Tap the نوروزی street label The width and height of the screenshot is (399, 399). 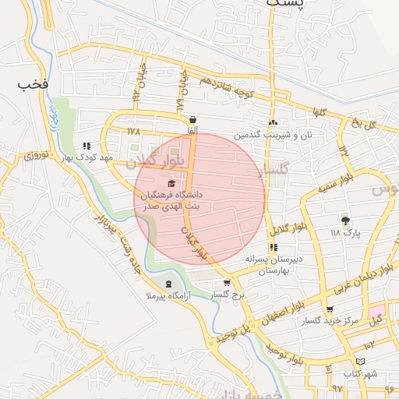coord(37,156)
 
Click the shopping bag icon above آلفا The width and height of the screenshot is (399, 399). coord(192,120)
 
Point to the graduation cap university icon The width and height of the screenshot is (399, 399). coord(171,182)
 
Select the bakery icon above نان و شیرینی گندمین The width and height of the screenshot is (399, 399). coord(273,123)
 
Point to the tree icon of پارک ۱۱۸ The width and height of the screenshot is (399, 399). coord(346,221)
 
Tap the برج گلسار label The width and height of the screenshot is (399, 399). coord(228,295)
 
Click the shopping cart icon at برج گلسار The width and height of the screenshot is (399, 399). coord(227,283)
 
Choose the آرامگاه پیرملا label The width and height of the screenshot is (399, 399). coord(171,296)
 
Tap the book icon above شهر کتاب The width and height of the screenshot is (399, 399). coord(359,361)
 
